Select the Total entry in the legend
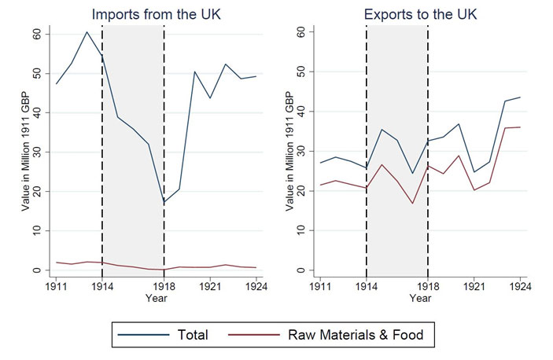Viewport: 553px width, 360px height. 193,335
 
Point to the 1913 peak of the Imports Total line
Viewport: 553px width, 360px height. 87,32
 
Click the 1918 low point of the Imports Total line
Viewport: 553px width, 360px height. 164,202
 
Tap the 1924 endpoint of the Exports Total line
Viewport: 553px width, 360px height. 520,97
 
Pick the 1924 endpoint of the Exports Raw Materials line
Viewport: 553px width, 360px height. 520,127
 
